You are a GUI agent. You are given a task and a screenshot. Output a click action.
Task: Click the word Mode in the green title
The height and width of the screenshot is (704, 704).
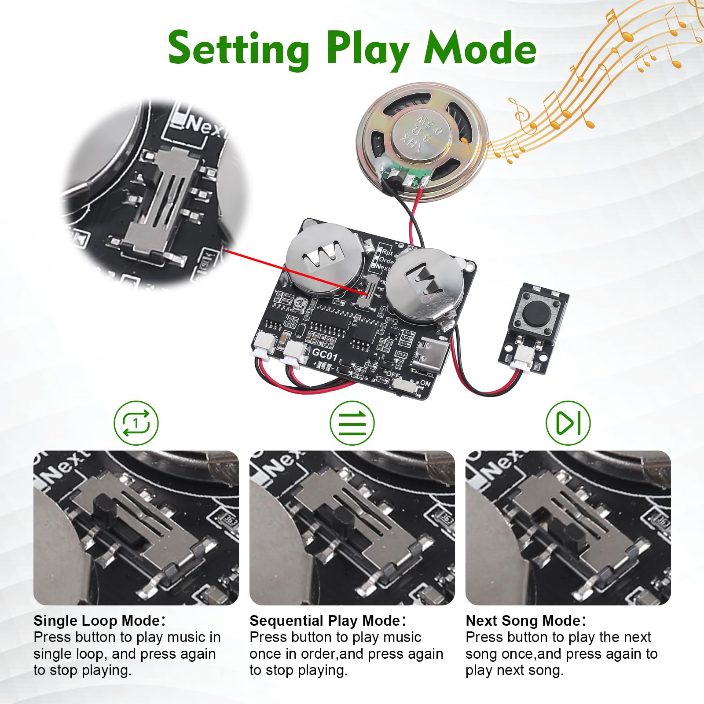click(480, 48)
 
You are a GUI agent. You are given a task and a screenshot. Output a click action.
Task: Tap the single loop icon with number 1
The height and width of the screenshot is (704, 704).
click(136, 423)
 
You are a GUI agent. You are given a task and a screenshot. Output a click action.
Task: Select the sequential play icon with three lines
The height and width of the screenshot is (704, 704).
click(352, 423)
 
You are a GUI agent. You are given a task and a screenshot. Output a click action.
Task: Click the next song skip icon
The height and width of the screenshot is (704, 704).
click(568, 423)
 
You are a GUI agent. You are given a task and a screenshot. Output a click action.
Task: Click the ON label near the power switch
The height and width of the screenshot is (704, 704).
click(425, 383)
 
